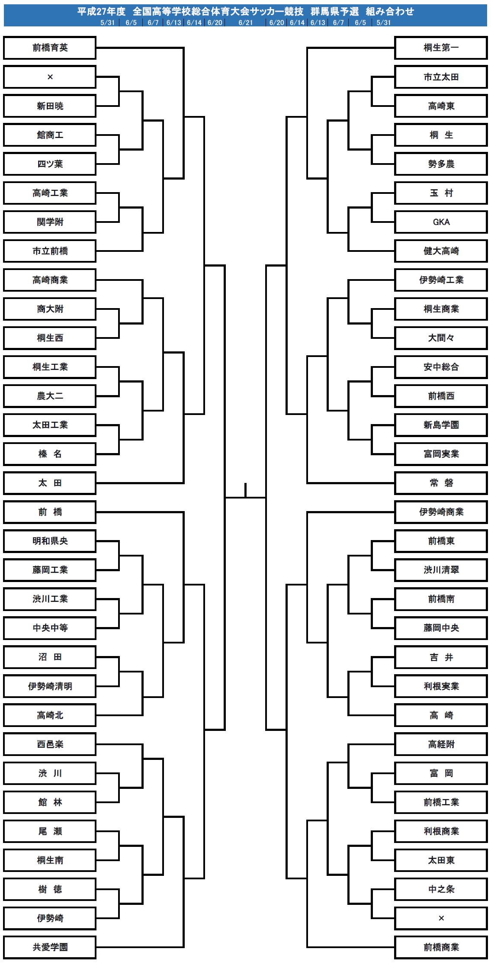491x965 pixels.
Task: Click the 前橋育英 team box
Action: click(50, 48)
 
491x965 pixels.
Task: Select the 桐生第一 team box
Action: click(441, 48)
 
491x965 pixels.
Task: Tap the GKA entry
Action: click(441, 222)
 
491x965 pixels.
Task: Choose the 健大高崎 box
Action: click(441, 251)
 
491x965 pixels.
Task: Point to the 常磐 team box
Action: click(441, 483)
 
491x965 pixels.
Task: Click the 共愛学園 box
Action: click(50, 947)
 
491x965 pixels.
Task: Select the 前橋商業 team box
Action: click(441, 947)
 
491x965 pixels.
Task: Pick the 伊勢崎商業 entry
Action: click(441, 512)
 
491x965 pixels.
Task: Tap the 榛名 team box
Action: click(50, 454)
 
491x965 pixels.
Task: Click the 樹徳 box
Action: click(50, 889)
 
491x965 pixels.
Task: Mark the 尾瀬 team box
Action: click(50, 831)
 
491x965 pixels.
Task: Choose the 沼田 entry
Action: click(50, 657)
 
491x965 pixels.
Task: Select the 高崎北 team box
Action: click(50, 715)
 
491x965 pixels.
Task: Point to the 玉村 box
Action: click(441, 193)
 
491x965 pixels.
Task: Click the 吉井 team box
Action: click(441, 657)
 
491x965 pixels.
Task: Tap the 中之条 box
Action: click(441, 889)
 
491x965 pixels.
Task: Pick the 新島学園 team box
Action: click(441, 425)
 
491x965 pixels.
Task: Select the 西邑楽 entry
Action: click(50, 744)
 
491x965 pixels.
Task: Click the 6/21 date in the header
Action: click(245, 23)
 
